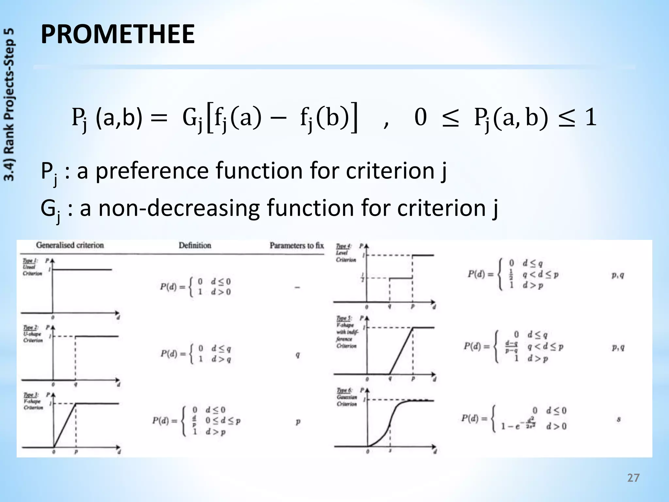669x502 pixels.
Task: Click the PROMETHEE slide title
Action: [118, 34]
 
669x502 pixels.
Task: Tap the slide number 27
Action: [633, 478]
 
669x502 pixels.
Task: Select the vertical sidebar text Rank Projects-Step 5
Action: [9, 105]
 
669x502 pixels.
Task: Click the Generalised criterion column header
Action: [70, 245]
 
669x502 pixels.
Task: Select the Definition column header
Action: [195, 245]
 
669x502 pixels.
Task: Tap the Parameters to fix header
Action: [297, 245]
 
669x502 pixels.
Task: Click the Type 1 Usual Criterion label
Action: [32, 267]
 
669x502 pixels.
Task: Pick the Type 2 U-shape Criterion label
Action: [32, 334]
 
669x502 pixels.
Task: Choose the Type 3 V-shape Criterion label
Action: [33, 401]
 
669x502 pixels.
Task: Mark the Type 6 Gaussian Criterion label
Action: [347, 397]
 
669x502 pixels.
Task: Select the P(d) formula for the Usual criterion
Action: [195, 287]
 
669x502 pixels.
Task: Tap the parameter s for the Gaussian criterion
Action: [618, 419]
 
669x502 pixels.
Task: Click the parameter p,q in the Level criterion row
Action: [618, 275]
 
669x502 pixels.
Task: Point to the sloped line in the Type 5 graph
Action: [401, 351]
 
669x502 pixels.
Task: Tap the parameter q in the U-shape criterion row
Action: [298, 355]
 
